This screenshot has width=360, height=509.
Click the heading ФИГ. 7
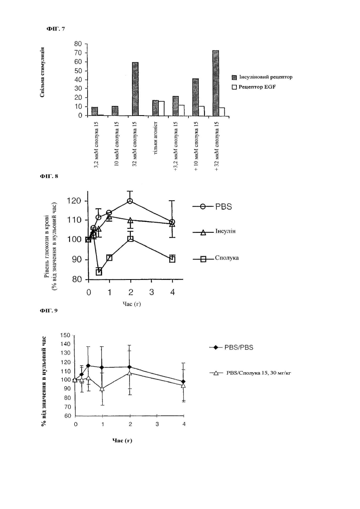pos(56,29)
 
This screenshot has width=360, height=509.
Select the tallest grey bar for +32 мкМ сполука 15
pos(216,83)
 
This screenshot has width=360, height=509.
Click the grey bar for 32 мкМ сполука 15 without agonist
pos(135,89)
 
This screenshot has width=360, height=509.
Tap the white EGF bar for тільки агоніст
pos(161,108)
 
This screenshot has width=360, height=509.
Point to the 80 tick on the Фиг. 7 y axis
pos(78,44)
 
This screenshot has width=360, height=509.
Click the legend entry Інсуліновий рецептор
pos(262,77)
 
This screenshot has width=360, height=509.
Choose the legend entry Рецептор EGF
pos(254,87)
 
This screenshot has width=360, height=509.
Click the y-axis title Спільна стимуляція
pos(42,72)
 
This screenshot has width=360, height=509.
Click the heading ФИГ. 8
pos(49,176)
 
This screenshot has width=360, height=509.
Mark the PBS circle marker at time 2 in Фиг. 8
pos(130,201)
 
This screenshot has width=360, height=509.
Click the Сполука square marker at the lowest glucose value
pos(99,272)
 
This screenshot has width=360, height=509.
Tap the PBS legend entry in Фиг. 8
pos(212,207)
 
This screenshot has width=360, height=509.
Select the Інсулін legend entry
pos(214,232)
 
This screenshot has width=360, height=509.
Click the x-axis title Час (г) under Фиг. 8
pos(132,304)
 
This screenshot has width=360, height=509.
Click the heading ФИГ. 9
pos(49,310)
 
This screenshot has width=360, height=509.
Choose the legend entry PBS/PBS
pos(231,347)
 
